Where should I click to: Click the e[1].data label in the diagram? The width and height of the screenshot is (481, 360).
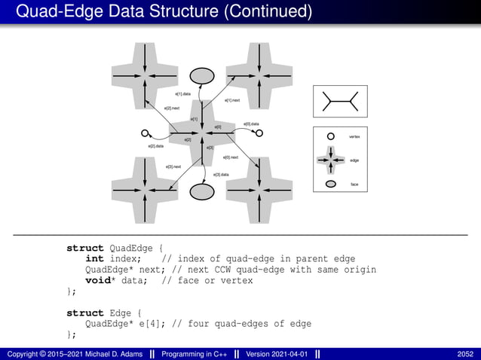click(x=182, y=93)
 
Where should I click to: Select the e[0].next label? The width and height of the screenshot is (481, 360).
click(x=231, y=157)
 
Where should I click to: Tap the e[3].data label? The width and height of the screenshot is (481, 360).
click(x=222, y=175)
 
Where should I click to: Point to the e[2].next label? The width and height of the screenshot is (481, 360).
click(x=172, y=108)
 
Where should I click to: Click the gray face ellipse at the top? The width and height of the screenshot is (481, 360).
click(x=201, y=76)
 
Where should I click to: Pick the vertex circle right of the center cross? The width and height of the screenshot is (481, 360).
click(x=259, y=133)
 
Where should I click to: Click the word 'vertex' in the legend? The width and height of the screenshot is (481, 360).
click(x=354, y=136)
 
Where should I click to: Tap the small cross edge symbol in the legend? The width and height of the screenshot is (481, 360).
click(x=330, y=160)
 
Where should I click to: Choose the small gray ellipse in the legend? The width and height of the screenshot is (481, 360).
click(x=330, y=184)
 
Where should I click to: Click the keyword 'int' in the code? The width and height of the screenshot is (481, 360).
click(x=95, y=259)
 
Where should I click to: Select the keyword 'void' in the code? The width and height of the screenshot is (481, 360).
click(x=97, y=280)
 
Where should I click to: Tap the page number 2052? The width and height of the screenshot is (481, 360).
click(x=465, y=354)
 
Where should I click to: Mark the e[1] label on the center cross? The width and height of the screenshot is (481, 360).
click(x=194, y=119)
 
